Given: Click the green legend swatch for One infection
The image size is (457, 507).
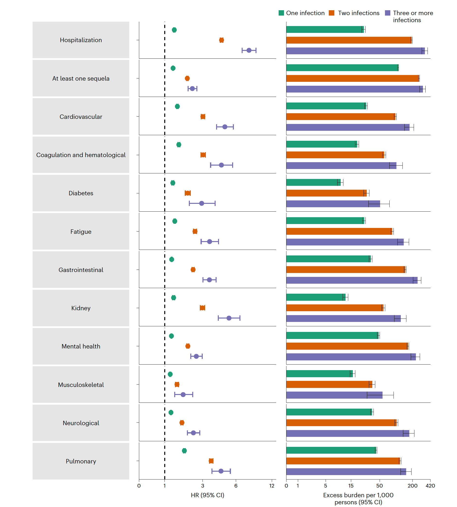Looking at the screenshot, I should (x=281, y=13).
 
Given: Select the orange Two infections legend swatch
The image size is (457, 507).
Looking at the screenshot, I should (x=331, y=13).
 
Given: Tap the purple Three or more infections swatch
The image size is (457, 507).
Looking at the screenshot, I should (x=388, y=13).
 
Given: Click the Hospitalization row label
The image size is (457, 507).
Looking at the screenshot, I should (x=81, y=40).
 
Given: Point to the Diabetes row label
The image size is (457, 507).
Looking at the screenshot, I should (x=81, y=193).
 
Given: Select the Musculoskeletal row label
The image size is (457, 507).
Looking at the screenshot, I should (x=81, y=385).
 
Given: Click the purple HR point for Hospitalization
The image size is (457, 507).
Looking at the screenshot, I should (x=249, y=50).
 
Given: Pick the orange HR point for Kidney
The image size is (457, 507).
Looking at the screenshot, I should (x=202, y=308).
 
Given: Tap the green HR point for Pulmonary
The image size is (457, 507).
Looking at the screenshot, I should (x=184, y=451).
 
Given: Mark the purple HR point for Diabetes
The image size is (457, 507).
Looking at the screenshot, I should (x=202, y=203).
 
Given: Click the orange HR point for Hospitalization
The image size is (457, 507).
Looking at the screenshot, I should (x=221, y=40).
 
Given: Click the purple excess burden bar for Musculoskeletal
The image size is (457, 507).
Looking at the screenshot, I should (x=334, y=395).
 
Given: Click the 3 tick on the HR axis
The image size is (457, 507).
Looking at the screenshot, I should (x=203, y=486).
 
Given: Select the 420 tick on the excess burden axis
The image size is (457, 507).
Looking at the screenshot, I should (x=430, y=486).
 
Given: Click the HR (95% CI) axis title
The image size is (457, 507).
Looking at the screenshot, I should (x=207, y=495).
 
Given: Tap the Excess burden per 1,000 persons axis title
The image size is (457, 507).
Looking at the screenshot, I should (x=358, y=498).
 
